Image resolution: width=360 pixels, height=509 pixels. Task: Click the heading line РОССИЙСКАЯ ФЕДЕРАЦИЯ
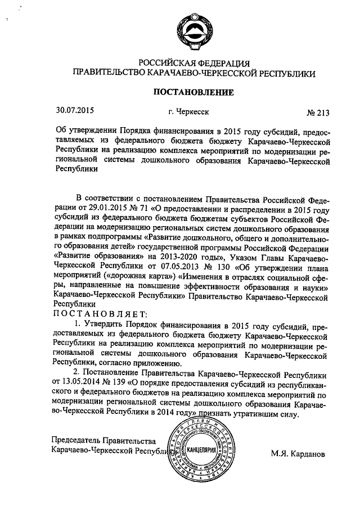pyautogui.click(x=194, y=62)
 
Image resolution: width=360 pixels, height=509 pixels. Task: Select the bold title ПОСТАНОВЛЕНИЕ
pyautogui.click(x=193, y=92)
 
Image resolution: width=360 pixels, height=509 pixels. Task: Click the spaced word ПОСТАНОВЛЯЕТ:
pyautogui.click(x=99, y=314)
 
